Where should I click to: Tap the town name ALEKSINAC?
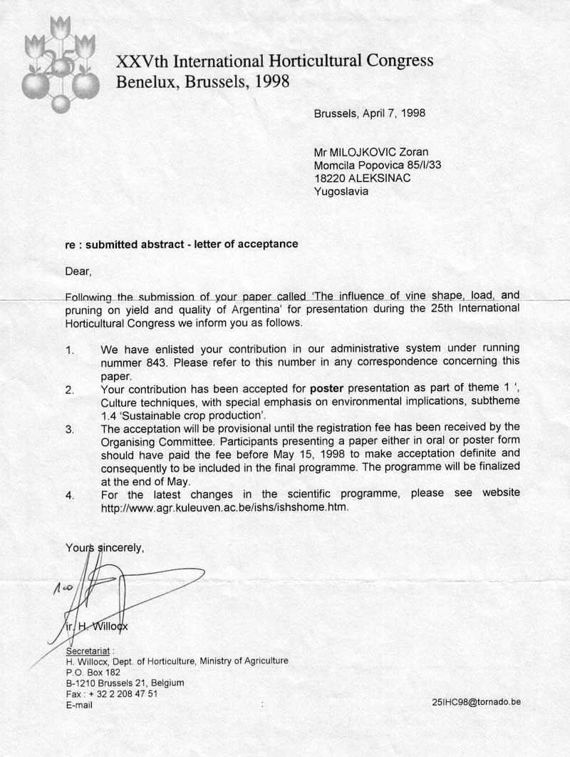[378, 178]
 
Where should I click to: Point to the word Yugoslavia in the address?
[341, 191]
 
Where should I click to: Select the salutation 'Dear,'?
[78, 270]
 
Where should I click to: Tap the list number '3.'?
[70, 429]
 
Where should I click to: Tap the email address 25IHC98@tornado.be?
[476, 701]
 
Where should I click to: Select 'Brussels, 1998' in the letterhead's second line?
[237, 81]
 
